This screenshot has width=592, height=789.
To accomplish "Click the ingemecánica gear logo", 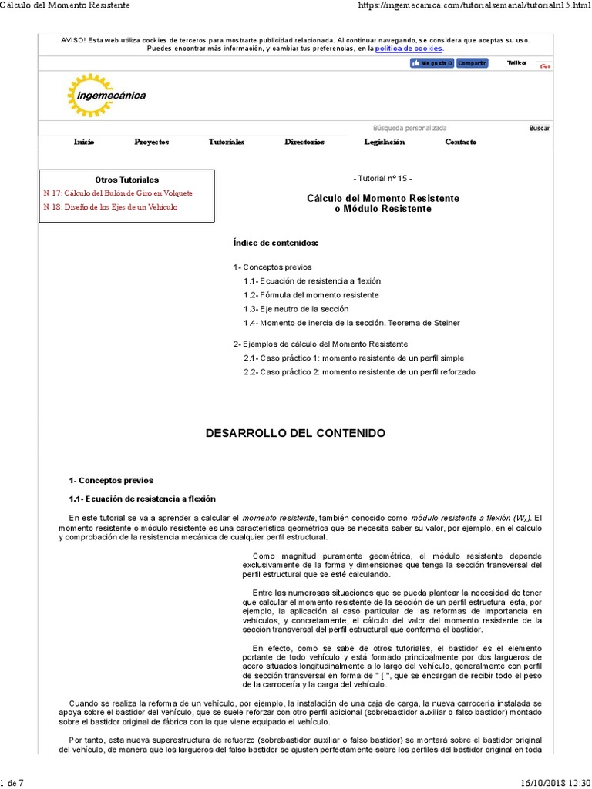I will click(106, 96).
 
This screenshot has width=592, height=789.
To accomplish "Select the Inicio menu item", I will click(84, 142).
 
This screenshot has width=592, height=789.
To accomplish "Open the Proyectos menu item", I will click(151, 142).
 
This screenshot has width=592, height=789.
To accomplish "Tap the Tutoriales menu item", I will click(227, 142).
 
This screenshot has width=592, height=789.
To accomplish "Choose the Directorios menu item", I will click(304, 142).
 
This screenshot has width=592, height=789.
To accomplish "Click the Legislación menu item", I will click(384, 142).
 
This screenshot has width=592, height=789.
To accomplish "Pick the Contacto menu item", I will click(460, 142).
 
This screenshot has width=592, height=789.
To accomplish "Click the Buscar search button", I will click(539, 128).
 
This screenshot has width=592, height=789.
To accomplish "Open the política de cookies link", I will click(409, 49).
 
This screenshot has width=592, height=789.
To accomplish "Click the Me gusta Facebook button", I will click(431, 63).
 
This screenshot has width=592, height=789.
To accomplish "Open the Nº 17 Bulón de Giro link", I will click(118, 193).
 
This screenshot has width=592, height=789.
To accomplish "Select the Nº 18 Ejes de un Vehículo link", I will click(110, 207).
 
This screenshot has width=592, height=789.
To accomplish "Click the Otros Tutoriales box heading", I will click(126, 180).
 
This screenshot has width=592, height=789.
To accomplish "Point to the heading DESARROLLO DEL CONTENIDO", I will click(295, 434).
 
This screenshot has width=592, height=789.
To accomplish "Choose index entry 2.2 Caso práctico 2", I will click(359, 372).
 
